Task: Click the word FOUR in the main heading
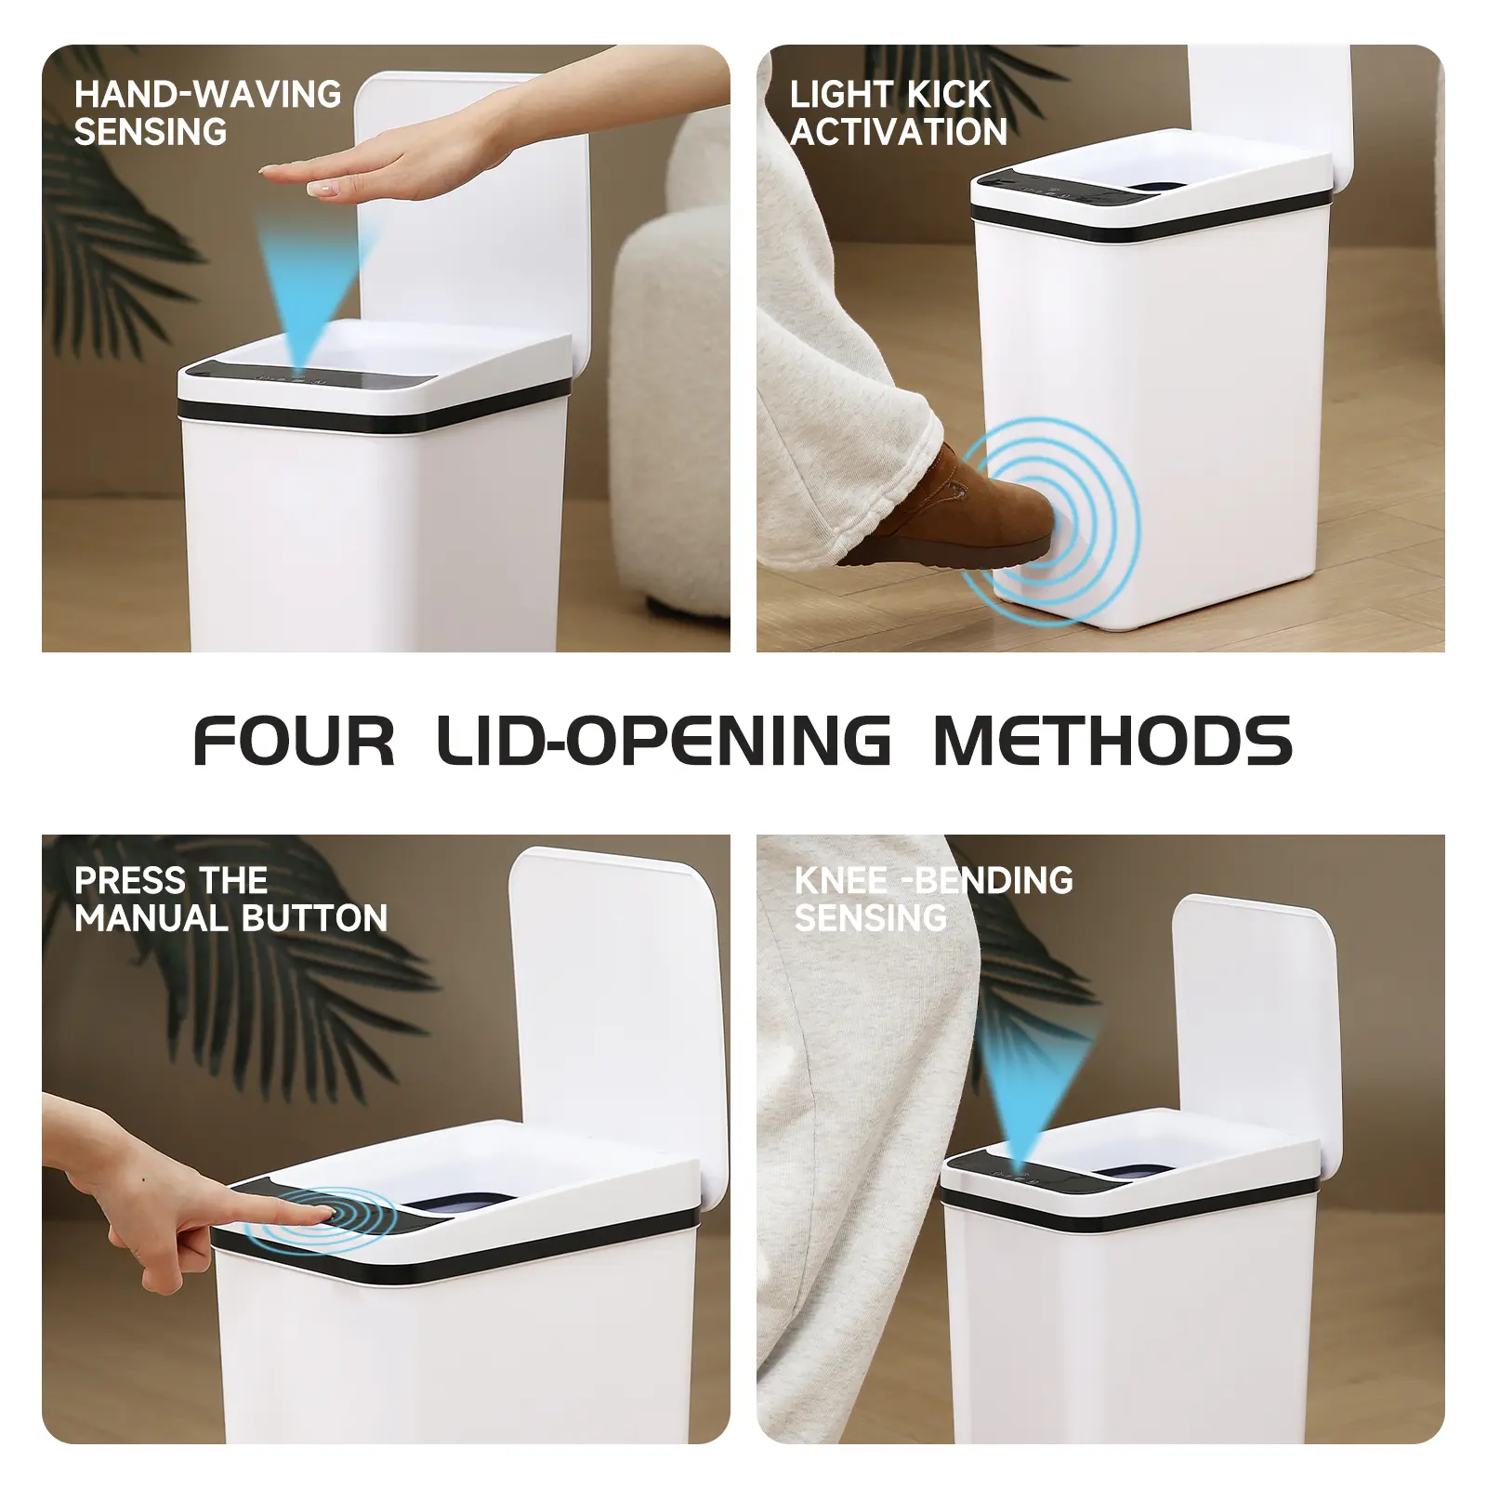294,741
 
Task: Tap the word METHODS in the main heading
1112,741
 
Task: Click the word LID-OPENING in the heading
664,741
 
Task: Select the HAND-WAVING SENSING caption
207,113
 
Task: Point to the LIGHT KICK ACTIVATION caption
899,113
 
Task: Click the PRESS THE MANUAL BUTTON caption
230,900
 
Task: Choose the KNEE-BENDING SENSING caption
933,900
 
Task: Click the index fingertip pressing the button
325,1212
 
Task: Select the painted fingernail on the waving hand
321,189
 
